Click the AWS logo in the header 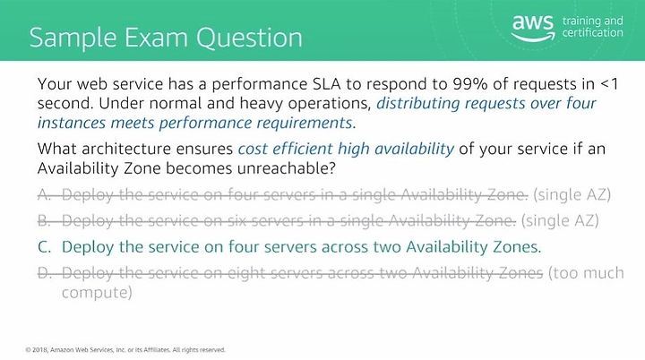tap(533, 28)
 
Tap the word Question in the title tap(249, 38)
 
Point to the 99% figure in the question tap(469, 84)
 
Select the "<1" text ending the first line tap(609, 84)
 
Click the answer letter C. tap(45, 247)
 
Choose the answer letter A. tap(44, 194)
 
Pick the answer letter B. tap(44, 221)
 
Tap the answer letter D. tap(45, 273)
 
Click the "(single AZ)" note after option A tap(572, 194)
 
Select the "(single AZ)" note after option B tap(560, 221)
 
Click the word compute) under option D tap(97, 293)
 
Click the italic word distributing tap(418, 103)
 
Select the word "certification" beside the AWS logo tap(593, 32)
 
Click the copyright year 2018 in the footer tap(40, 350)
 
